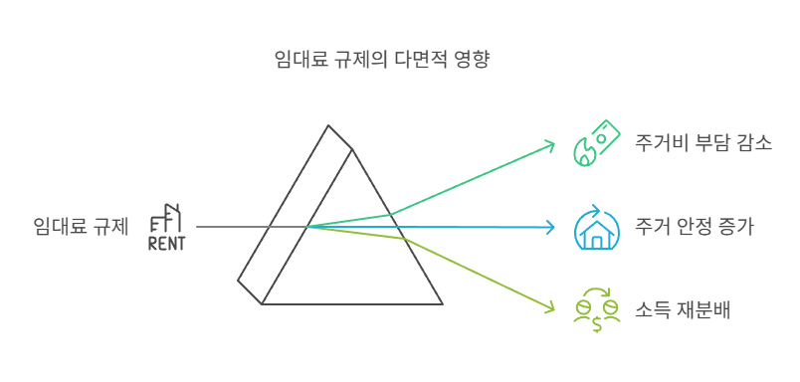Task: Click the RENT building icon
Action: coord(166,227)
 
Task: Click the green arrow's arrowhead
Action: coord(550,145)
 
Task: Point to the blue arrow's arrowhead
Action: coord(550,228)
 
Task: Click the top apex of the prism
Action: coord(328,126)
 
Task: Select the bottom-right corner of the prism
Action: coord(442,303)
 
